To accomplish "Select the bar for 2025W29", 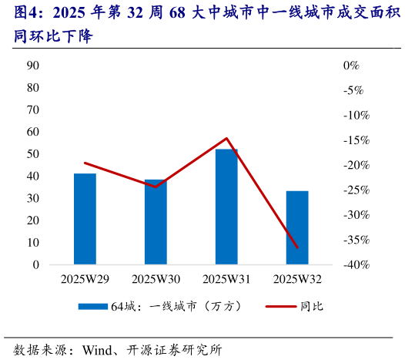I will pos(85,219).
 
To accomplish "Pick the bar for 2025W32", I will pos(297,227).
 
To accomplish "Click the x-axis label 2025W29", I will pos(85,279).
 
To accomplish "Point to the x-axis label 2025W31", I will pos(226,279).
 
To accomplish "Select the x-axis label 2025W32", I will pos(297,279).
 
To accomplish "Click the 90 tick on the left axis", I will pos(33,66).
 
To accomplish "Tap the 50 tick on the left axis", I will pos(33,154).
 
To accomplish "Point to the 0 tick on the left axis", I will pos(36,264).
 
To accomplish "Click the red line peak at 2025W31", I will pos(226,139).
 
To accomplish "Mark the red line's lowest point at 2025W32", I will pos(297,247).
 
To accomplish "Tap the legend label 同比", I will pos(312,306).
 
